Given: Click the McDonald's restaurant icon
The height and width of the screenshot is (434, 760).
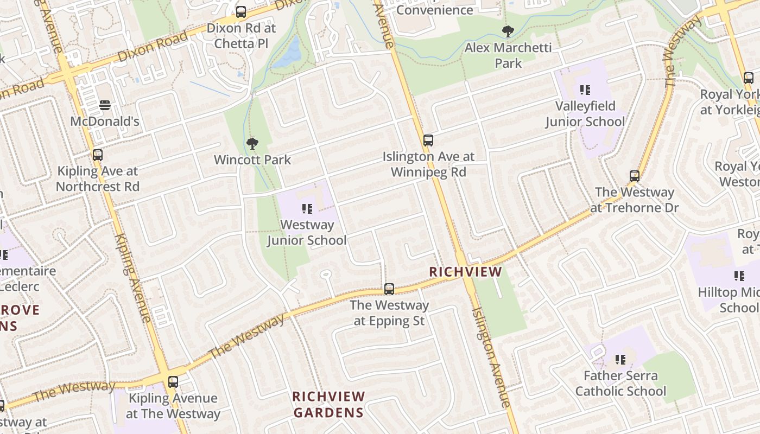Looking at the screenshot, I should pos(105,105).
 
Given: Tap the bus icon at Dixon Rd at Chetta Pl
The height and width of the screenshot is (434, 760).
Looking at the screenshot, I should pos(241,11).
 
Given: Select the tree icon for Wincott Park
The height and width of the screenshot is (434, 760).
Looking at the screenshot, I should pos(252,144).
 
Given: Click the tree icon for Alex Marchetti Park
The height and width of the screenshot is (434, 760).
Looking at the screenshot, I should pos(508,31).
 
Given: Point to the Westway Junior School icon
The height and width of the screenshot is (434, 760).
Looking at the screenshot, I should pos(307,208).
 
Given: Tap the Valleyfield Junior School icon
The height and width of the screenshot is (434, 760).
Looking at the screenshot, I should pos(585,90).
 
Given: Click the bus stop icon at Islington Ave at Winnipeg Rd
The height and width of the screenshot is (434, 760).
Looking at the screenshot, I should pos(428,141).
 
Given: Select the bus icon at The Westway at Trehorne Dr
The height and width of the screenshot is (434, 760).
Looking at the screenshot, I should pos(635,176).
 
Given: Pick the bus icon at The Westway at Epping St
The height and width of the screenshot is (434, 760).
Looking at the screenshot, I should pos(389,289).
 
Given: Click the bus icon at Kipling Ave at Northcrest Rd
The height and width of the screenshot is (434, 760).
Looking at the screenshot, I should pos(98,155).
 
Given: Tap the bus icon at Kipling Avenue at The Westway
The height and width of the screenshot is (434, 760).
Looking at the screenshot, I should pos(173,382).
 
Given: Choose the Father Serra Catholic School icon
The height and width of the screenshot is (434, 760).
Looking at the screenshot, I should pos(620,359).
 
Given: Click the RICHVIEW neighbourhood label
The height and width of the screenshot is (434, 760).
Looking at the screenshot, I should pos(465,272).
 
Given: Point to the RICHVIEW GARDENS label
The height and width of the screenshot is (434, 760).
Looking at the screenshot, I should pos(328,404).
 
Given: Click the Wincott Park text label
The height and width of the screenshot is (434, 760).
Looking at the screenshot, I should pos(252,160).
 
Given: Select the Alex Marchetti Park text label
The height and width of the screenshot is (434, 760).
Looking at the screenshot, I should pos(508,55).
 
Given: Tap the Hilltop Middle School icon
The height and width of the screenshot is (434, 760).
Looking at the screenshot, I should pos(739,276).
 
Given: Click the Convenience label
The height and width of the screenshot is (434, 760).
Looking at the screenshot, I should pos(434,10).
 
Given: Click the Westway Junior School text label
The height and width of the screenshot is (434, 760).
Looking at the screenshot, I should pos(307,232).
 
